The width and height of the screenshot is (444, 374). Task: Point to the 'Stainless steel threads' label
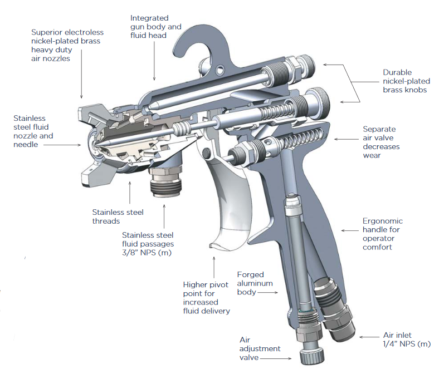click(x=118, y=216)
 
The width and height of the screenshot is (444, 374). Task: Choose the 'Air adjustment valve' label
click(x=260, y=348)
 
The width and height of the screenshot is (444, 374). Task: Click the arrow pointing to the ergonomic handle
click(x=350, y=229)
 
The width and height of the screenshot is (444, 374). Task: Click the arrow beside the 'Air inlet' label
click(x=370, y=337)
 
